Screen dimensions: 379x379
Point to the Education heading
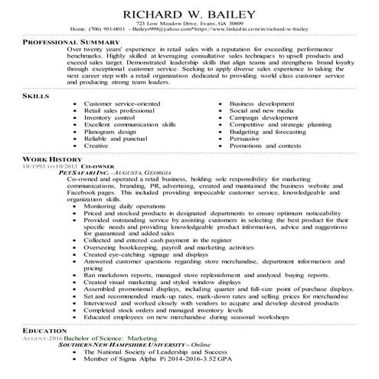click(44, 348)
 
